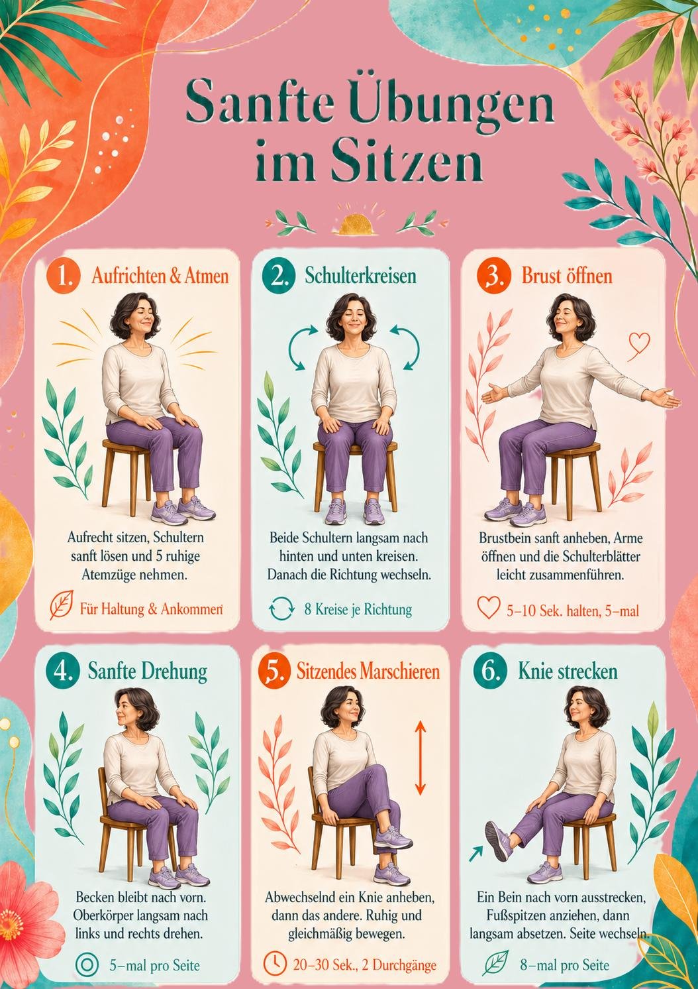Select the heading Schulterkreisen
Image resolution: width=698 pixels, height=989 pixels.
[x=360, y=276]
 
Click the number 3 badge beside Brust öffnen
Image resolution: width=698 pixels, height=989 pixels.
[x=493, y=276]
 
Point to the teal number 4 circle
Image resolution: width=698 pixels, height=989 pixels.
[x=63, y=671]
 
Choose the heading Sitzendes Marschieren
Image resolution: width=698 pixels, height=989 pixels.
[x=368, y=671]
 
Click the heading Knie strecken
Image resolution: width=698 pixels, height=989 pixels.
[x=568, y=671]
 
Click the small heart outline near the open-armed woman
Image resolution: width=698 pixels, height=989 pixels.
[x=638, y=343]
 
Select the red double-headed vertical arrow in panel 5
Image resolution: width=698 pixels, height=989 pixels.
[x=420, y=758]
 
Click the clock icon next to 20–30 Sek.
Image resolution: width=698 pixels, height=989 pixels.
[x=274, y=964]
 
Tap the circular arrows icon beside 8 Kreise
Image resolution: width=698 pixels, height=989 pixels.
[x=281, y=609]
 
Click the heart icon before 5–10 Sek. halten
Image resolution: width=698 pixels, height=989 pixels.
[x=489, y=609]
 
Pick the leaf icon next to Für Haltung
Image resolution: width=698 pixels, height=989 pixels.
[x=62, y=606]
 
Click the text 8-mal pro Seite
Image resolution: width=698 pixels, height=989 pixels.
[x=564, y=965]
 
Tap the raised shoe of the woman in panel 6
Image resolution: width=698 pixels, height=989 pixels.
[x=498, y=841]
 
